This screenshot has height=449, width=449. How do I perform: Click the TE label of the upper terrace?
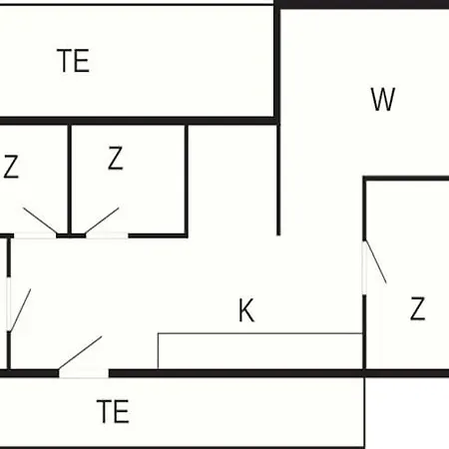coord(73,61)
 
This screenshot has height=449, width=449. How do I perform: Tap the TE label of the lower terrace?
coord(113,411)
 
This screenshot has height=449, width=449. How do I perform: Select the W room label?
coord(383,99)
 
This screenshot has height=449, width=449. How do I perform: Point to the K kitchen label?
coord(246,310)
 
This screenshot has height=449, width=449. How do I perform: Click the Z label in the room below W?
coord(418,308)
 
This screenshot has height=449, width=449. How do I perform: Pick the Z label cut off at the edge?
coord(10,167)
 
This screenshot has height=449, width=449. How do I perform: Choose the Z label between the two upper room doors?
coord(116,158)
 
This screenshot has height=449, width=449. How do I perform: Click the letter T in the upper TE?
coord(64,61)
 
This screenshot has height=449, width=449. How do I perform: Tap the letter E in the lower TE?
coord(122,411)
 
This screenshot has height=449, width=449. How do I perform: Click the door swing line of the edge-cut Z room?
coord(40,221)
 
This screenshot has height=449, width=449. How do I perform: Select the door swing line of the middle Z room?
coord(102,221)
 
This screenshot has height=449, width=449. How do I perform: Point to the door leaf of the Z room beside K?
coord(376,261)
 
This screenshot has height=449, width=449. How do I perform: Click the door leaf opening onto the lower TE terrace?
coord(80,353)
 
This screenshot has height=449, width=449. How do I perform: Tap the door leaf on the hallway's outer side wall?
coord(20,310)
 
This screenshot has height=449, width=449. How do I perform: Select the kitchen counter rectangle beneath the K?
coord(259,351)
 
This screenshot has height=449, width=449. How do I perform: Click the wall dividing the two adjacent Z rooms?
coord(70,180)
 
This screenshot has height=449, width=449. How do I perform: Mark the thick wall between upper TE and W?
coord(276,63)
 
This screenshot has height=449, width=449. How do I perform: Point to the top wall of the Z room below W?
coord(406,179)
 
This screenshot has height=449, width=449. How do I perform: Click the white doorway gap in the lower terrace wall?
coord(84,373)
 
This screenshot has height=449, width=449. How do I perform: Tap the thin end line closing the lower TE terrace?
coord(364,412)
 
